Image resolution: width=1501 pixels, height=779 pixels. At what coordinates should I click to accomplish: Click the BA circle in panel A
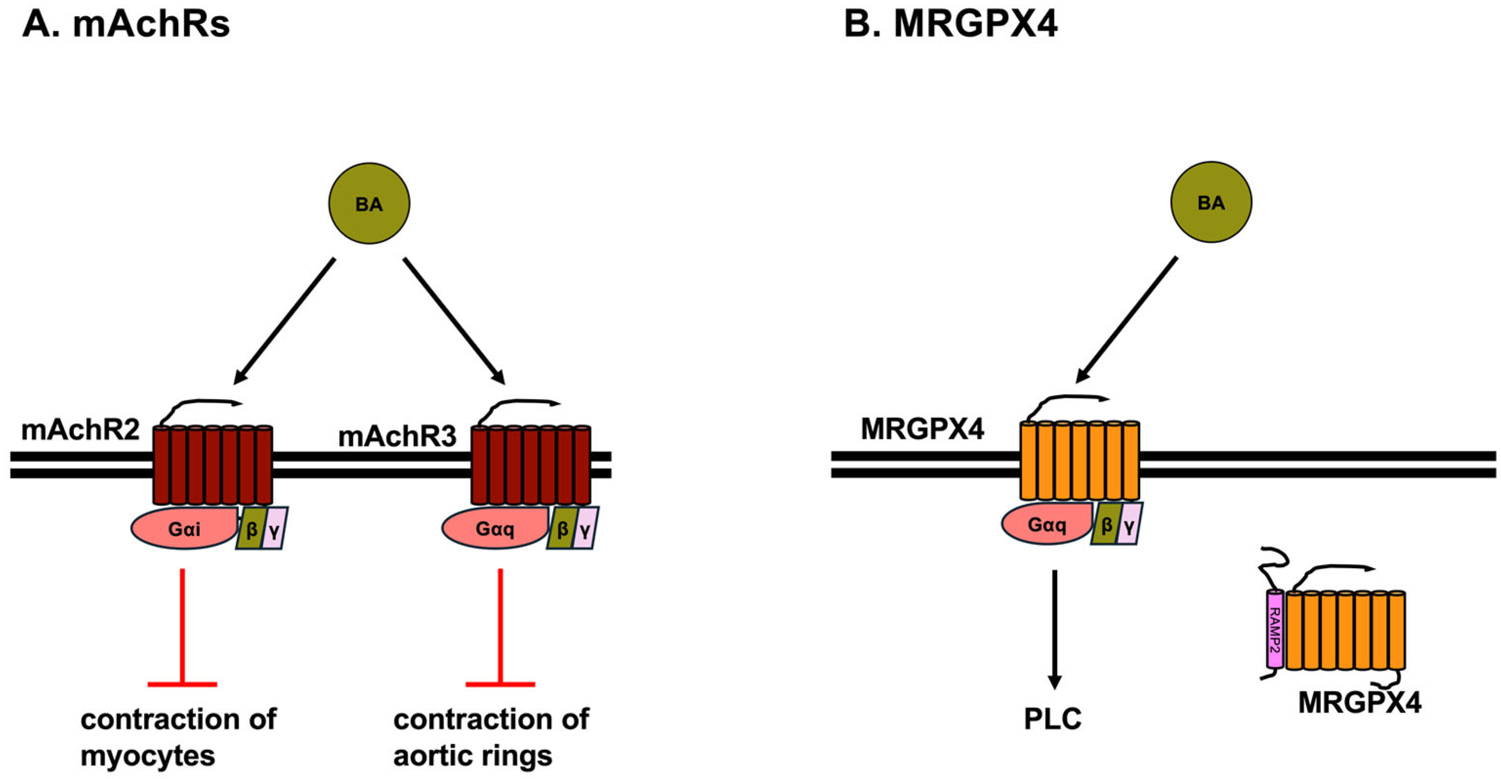(x=370, y=204)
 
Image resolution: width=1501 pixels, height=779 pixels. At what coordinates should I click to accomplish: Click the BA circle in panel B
(x=1211, y=202)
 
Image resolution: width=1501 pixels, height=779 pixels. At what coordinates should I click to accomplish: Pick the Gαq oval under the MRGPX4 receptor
(x=1047, y=524)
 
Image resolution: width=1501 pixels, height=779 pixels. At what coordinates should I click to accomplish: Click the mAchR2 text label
(x=81, y=430)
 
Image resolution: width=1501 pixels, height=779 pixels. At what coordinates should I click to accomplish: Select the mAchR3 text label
(x=397, y=436)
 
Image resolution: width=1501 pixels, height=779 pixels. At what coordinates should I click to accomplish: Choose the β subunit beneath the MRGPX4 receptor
(x=1107, y=524)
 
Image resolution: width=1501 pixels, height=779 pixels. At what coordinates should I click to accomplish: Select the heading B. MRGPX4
(x=950, y=25)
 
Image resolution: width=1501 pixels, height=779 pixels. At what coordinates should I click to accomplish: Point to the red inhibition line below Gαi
(x=183, y=627)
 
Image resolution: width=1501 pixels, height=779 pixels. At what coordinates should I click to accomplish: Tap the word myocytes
(x=148, y=756)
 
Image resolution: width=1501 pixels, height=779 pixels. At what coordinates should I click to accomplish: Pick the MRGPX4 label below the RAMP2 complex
(x=1359, y=703)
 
